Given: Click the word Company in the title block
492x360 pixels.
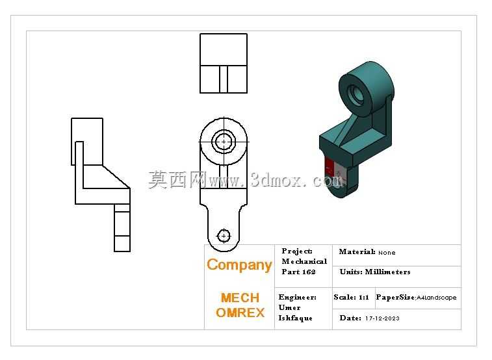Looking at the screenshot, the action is point(239,265).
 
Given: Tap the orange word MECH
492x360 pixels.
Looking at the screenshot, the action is point(240,298).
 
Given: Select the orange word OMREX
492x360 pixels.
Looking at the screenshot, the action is point(240,313).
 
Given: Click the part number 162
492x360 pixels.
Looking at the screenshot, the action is point(309,272).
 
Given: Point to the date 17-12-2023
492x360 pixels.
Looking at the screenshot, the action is point(382,318).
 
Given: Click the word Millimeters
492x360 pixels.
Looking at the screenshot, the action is point(387,272).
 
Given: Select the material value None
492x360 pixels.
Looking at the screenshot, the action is point(387,253).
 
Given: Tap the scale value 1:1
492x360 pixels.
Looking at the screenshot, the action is point(364,297).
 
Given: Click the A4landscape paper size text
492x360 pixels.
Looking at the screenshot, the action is point(437,298).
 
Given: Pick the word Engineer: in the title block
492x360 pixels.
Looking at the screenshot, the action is point(298,297).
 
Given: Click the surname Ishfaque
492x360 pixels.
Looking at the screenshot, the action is point(295,318).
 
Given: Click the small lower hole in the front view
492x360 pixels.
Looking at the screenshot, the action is point(224,236).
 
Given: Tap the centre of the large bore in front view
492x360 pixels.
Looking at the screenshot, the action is point(224,142).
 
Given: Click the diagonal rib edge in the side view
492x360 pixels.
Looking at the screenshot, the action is point(116,177).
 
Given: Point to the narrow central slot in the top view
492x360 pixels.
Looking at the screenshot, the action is point(224,79).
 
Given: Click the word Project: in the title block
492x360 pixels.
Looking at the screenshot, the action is point(297,251).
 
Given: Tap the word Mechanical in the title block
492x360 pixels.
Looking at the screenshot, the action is point(304,261).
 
